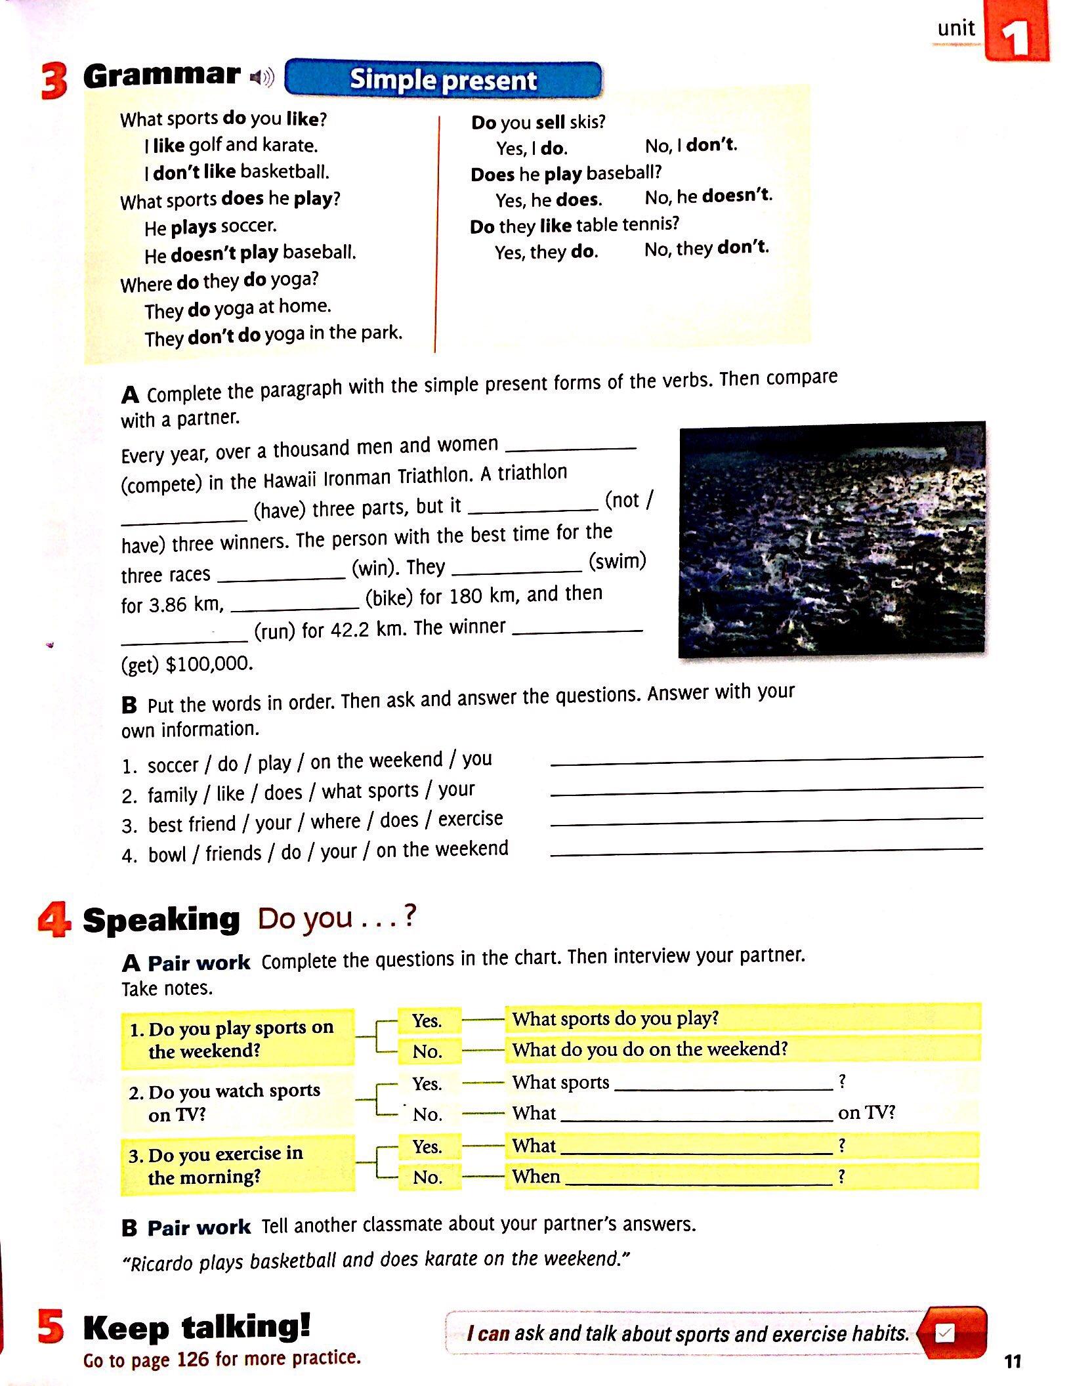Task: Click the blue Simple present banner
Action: (444, 79)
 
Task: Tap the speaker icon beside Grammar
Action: (261, 77)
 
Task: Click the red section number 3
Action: (54, 80)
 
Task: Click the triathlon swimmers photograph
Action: (831, 539)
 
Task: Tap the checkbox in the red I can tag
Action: (944, 1333)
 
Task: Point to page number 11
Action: (1013, 1361)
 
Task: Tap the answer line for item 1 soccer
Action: (766, 761)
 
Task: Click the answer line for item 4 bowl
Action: (766, 852)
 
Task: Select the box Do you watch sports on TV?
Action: (237, 1103)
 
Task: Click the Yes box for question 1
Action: (427, 1021)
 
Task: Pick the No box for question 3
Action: (427, 1177)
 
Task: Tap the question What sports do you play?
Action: (616, 1018)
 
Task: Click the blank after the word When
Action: (698, 1182)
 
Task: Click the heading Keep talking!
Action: (196, 1327)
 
